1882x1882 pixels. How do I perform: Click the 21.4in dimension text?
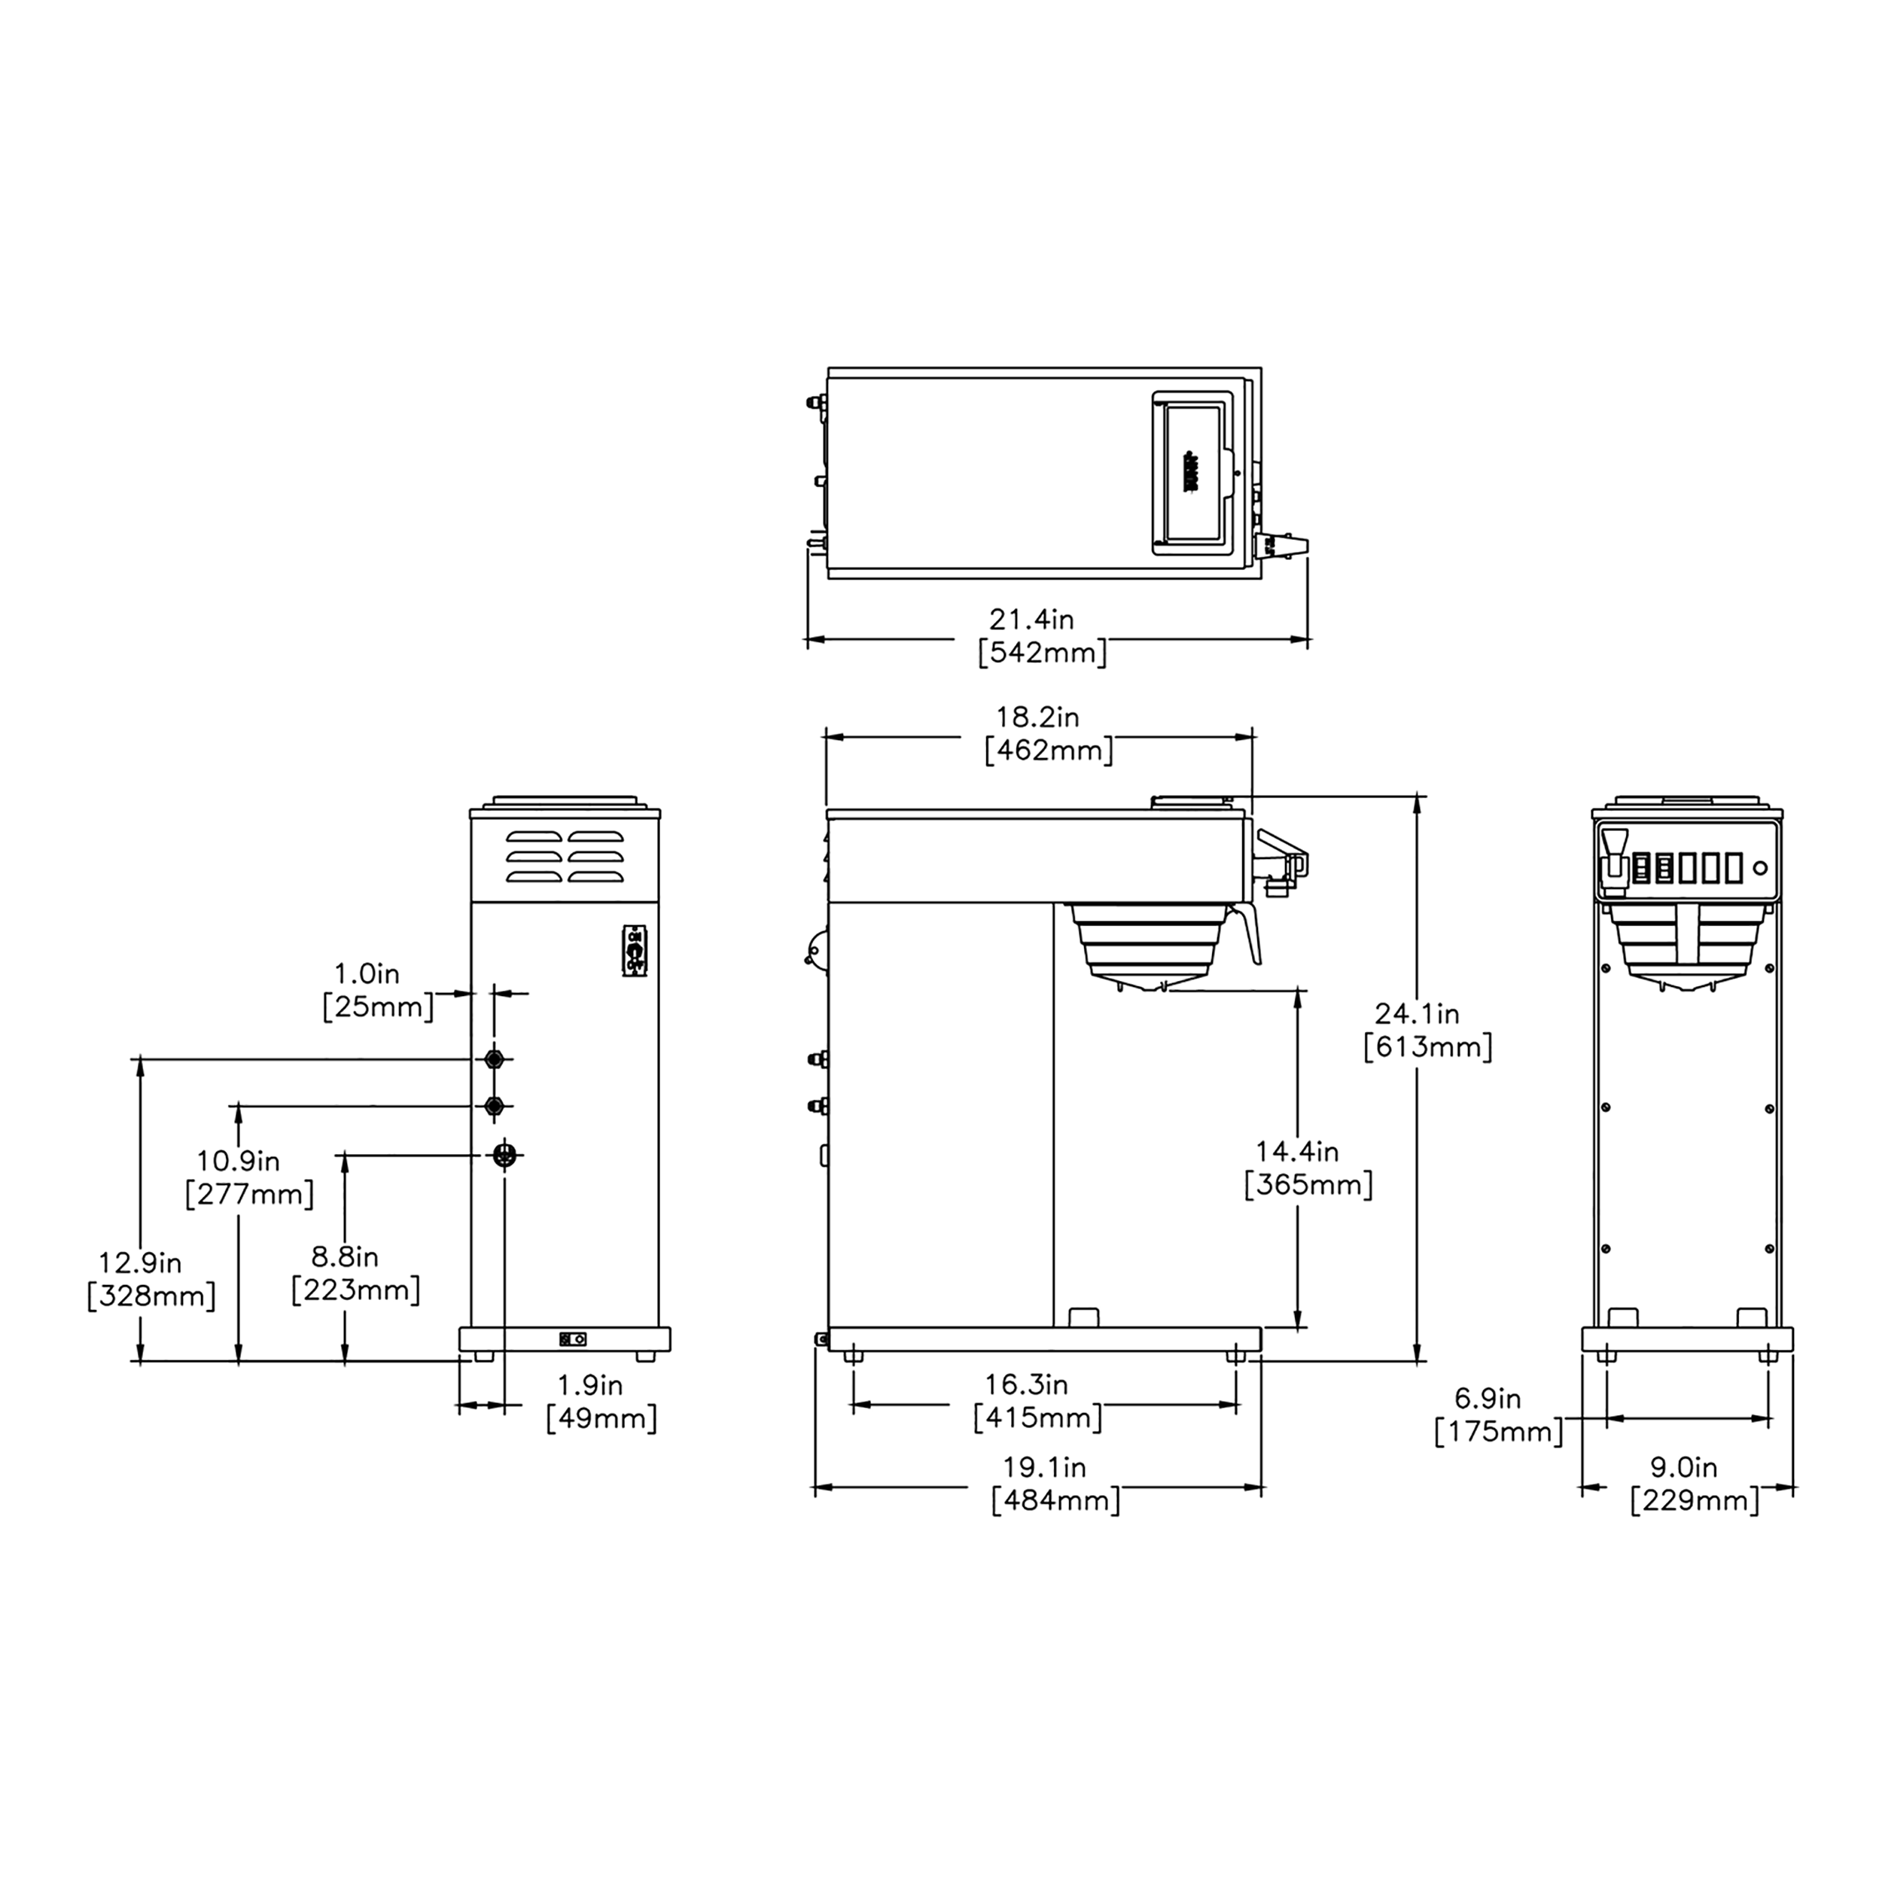click(x=1031, y=619)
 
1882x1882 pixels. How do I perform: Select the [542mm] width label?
click(x=1043, y=653)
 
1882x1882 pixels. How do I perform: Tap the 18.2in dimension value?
click(x=1037, y=717)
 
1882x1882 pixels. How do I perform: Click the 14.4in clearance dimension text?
click(x=1296, y=1152)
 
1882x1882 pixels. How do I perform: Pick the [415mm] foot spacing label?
click(x=1038, y=1418)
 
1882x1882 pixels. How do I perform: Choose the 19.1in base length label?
click(x=1044, y=1467)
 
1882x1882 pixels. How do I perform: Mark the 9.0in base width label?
click(x=1683, y=1467)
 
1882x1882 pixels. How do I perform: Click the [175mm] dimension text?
click(x=1498, y=1432)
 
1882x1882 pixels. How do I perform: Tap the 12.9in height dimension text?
click(x=139, y=1262)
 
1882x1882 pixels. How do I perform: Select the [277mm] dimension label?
click(x=249, y=1194)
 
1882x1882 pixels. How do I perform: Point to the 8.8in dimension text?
click(x=345, y=1256)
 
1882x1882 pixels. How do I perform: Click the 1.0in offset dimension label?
click(x=367, y=973)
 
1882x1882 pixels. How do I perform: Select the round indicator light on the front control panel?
click(x=1759, y=868)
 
